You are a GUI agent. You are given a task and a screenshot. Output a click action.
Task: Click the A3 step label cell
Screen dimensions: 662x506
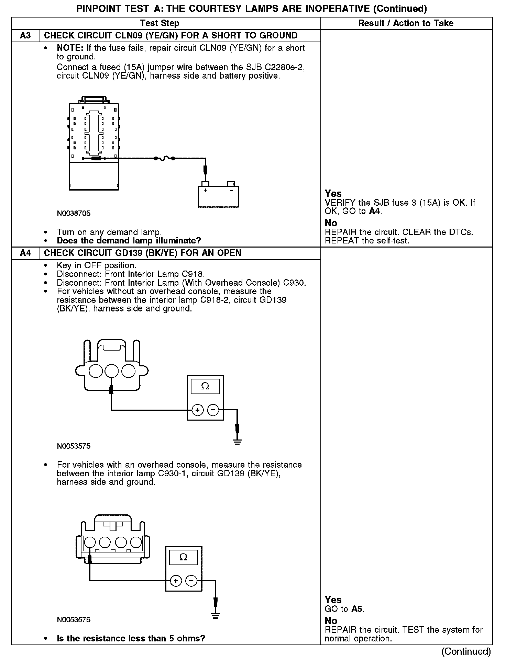click(x=25, y=36)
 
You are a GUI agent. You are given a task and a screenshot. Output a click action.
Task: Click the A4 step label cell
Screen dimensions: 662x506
click(x=25, y=253)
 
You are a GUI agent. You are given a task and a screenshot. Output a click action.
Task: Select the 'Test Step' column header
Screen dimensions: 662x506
click(x=160, y=23)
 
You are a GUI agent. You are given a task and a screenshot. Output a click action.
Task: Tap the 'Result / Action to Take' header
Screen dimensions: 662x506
click(x=406, y=23)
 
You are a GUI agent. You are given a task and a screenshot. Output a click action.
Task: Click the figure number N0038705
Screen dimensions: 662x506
click(x=74, y=213)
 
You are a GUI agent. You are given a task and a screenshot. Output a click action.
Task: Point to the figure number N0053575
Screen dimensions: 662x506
click(x=74, y=446)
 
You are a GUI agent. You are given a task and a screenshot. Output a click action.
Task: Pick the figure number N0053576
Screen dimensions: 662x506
click(x=74, y=620)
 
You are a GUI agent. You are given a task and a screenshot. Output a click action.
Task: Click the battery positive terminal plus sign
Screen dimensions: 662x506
click(x=206, y=190)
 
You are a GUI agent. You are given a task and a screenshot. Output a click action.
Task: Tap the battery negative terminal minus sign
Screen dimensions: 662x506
click(x=231, y=190)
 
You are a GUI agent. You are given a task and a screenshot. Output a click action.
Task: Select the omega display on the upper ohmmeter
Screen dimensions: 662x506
click(x=205, y=386)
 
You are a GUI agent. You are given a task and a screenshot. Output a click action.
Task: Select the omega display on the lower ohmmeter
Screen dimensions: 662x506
click(x=183, y=557)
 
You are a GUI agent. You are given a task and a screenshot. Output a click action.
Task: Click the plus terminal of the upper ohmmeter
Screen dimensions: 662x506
click(x=197, y=410)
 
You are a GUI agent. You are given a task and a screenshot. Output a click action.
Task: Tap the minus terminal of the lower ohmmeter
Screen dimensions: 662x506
click(x=191, y=581)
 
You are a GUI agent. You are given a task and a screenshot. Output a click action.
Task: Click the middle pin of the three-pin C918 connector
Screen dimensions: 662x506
click(x=111, y=371)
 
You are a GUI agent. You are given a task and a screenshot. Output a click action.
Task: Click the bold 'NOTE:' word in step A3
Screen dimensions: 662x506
click(x=70, y=48)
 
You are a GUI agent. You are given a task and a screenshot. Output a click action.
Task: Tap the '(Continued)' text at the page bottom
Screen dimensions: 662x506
click(x=466, y=651)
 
